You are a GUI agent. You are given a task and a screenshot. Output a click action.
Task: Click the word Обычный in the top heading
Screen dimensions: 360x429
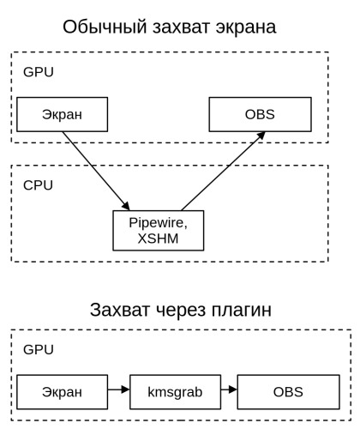(x=105, y=27)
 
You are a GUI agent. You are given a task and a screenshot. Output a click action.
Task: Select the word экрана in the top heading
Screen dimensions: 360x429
(x=246, y=27)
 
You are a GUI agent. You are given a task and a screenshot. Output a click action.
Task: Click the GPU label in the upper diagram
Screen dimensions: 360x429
(x=39, y=72)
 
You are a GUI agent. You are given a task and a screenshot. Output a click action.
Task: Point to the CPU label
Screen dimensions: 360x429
(x=38, y=185)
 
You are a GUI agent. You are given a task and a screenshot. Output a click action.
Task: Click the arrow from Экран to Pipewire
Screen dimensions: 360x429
(x=96, y=171)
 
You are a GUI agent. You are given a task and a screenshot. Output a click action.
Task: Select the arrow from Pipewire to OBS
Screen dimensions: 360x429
(x=224, y=171)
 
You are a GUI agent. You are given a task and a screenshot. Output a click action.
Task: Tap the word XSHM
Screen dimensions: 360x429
(x=158, y=239)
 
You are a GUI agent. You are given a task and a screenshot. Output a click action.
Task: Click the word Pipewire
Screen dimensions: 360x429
(x=158, y=223)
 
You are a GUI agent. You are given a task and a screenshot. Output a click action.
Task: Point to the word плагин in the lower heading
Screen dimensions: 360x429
(x=242, y=310)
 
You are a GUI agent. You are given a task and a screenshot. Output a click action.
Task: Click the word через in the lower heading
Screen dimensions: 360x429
(x=181, y=311)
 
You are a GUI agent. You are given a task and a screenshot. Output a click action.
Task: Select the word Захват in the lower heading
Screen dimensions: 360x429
(x=120, y=310)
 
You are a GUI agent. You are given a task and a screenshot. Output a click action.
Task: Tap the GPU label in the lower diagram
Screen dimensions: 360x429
(x=39, y=349)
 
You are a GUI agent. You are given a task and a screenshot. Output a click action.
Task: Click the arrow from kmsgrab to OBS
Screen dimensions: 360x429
(x=229, y=390)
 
